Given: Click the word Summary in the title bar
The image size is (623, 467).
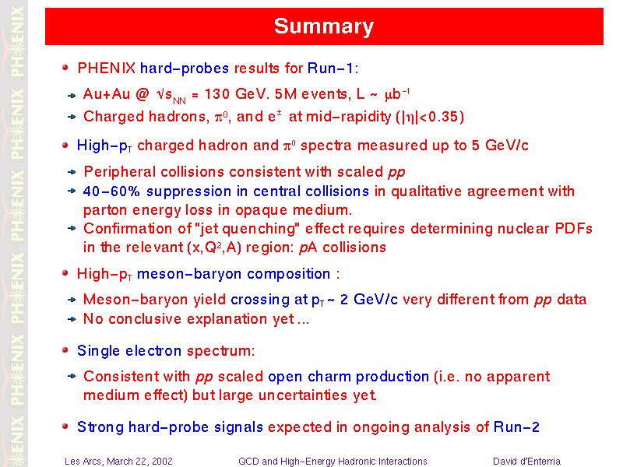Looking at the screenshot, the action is [324, 26].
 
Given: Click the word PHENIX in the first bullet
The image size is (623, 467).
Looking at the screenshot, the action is [107, 68].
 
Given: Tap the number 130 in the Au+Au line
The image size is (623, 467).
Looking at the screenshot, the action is [217, 94].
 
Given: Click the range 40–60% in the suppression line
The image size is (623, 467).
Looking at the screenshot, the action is [111, 191].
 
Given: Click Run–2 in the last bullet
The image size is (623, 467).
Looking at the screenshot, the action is [516, 427].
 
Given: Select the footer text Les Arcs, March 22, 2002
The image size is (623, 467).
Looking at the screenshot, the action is [118, 462].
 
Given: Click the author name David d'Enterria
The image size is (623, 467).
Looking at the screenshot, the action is [526, 462].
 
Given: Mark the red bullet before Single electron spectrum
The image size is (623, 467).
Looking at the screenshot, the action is [65, 349].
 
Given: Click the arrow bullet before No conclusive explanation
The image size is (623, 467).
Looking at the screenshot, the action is [72, 319].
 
